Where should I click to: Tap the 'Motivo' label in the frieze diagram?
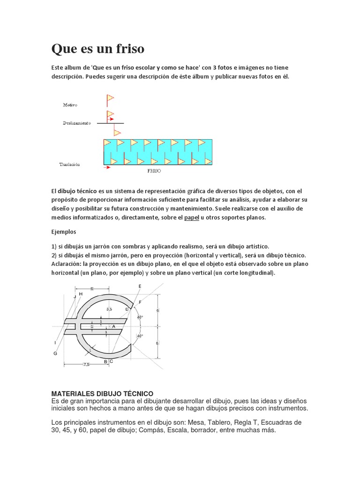[x=70, y=105]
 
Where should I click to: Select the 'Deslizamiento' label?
[x=77, y=123]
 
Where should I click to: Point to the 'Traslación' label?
[x=70, y=165]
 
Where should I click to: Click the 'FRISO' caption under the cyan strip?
[x=154, y=172]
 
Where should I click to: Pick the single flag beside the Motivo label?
[x=110, y=99]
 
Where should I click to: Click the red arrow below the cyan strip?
[x=107, y=167]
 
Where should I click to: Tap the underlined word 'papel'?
[x=192, y=218]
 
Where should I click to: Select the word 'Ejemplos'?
[x=63, y=232]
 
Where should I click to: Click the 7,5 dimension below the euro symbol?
[x=86, y=364]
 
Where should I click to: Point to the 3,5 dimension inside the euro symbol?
[x=109, y=309]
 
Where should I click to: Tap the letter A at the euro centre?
[x=113, y=326]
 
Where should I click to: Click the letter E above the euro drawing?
[x=140, y=286]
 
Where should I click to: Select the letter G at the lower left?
[x=55, y=353]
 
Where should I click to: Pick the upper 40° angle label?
[x=140, y=317]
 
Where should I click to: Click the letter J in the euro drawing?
[x=75, y=297]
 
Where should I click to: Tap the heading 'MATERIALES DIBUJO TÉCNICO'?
[x=102, y=393]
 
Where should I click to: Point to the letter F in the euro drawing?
[x=140, y=302]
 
